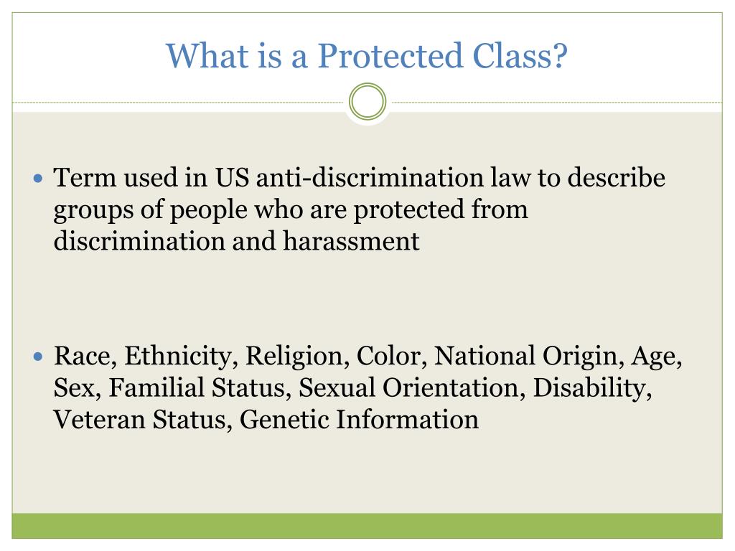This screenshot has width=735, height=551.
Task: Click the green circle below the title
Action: (367, 102)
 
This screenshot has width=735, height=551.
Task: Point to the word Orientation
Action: (451, 388)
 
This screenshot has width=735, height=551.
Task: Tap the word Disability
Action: (593, 388)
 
